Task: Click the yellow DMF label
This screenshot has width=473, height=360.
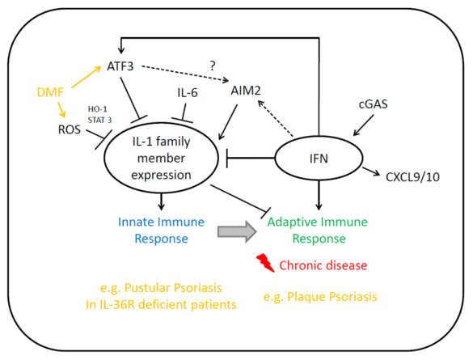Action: click(x=50, y=92)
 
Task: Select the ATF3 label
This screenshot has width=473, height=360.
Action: click(x=120, y=66)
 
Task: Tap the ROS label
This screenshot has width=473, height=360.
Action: click(x=70, y=129)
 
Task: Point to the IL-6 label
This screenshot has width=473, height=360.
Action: click(x=188, y=93)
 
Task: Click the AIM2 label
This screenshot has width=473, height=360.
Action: click(x=246, y=91)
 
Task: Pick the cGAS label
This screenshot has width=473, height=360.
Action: click(x=374, y=104)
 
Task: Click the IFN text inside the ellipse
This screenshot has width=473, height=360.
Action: click(x=319, y=159)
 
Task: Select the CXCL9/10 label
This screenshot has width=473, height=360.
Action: click(x=412, y=177)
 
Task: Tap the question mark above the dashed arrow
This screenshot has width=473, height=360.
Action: click(x=213, y=66)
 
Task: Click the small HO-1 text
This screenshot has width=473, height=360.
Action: click(x=98, y=109)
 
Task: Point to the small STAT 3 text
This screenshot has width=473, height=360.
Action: click(x=99, y=120)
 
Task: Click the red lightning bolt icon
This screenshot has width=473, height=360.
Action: click(x=265, y=263)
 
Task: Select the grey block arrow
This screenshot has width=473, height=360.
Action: click(x=237, y=231)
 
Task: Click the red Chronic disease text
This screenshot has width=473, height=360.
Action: click(x=323, y=265)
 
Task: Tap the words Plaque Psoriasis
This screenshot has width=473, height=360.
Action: click(x=332, y=297)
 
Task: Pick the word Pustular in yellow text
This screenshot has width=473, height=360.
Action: click(x=144, y=288)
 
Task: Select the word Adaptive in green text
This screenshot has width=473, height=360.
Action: click(x=293, y=222)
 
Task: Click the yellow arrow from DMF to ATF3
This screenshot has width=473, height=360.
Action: click(x=87, y=77)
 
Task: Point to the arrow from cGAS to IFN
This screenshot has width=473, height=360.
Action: click(x=364, y=125)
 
